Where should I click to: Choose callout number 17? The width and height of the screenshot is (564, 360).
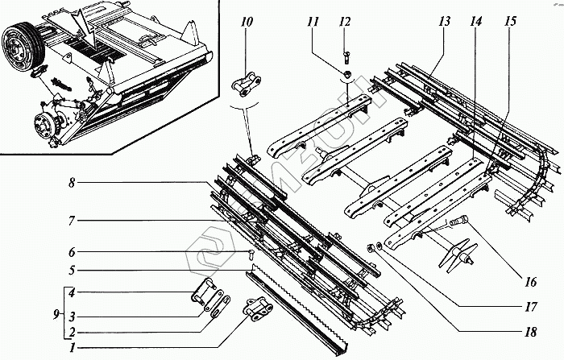coord(529,307)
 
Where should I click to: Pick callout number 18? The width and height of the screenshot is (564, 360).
coord(529,331)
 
